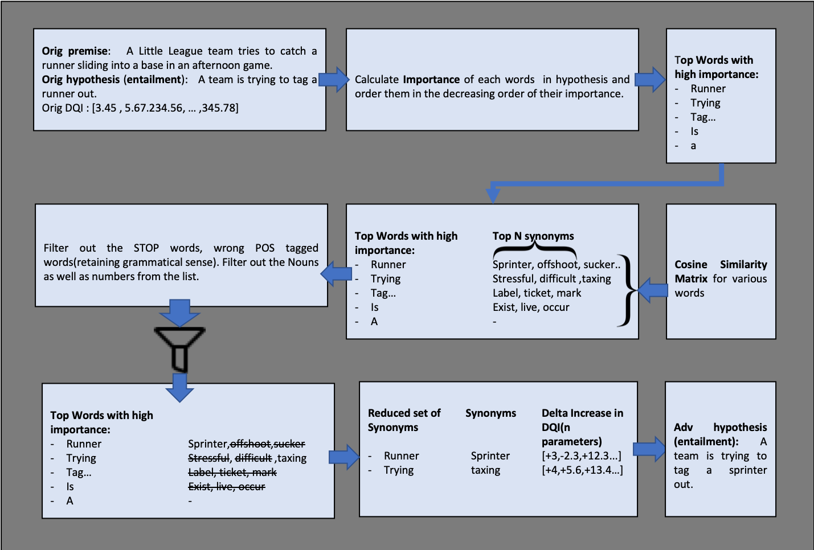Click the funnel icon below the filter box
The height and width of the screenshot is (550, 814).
[179, 349]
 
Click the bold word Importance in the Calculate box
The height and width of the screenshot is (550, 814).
[431, 80]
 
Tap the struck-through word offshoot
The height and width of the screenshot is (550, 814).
[251, 444]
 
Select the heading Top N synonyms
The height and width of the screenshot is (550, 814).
[533, 236]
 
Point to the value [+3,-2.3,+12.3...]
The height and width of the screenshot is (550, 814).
[582, 455]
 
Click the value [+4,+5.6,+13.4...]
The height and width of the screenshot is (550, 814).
[582, 470]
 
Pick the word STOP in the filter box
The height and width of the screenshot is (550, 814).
[146, 248]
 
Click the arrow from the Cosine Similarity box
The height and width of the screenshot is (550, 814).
[653, 290]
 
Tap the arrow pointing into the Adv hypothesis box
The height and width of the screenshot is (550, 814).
[649, 449]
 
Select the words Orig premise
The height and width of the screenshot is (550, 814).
[75, 51]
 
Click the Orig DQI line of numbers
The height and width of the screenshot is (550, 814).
[140, 108]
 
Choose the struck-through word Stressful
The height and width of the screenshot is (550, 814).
[208, 458]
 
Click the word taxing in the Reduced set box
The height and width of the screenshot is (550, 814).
[485, 470]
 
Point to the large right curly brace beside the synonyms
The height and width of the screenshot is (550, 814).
[628, 290]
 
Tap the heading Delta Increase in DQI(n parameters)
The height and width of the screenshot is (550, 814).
[582, 427]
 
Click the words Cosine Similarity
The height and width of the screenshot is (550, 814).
[721, 264]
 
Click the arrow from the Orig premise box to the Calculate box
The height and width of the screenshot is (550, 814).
[334, 79]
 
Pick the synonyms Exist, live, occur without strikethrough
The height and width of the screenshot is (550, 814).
[531, 307]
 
